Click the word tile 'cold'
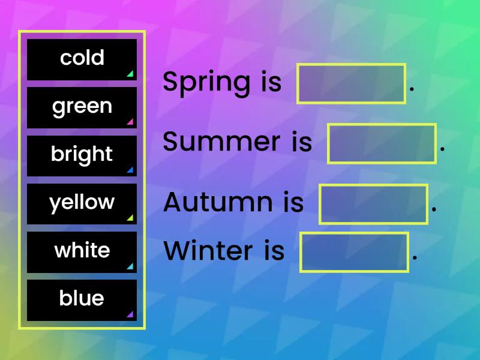(x=82, y=59)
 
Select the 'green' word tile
(x=82, y=107)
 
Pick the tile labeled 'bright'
(x=82, y=155)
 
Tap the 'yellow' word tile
(x=82, y=203)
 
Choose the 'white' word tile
(x=82, y=251)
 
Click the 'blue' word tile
(x=82, y=299)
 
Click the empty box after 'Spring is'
(x=352, y=83)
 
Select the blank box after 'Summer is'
(x=382, y=143)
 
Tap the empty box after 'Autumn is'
(x=373, y=204)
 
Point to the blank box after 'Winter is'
(x=354, y=252)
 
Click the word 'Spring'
(x=206, y=83)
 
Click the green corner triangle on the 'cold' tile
(x=130, y=74)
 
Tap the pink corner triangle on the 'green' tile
(x=130, y=122)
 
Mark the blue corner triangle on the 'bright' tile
(x=130, y=170)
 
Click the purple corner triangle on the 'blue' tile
(x=130, y=314)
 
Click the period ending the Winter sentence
(x=415, y=259)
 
